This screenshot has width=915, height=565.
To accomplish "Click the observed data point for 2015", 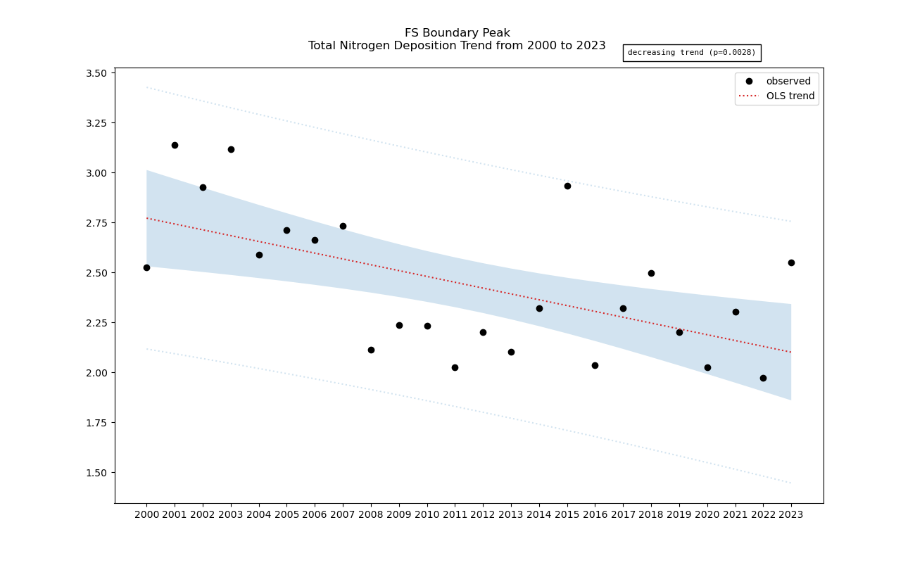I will pos(567,186).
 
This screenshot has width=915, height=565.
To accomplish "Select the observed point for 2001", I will pos(175,145).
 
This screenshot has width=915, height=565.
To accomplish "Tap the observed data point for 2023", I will pos(791,262).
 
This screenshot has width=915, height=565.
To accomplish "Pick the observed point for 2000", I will pos(146,267).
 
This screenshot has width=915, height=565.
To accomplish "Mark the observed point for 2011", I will pos(455,367).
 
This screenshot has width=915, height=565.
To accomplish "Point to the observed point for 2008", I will pos(371,350).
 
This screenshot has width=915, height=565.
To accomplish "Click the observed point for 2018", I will pos(651,273).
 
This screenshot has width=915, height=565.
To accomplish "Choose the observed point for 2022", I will pos(763,378).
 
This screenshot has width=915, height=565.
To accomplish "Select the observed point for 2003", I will pos(231,149).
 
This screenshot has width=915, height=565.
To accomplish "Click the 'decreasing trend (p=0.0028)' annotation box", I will pos(691,53).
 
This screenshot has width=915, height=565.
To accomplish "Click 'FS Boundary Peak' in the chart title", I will pos(457,33).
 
